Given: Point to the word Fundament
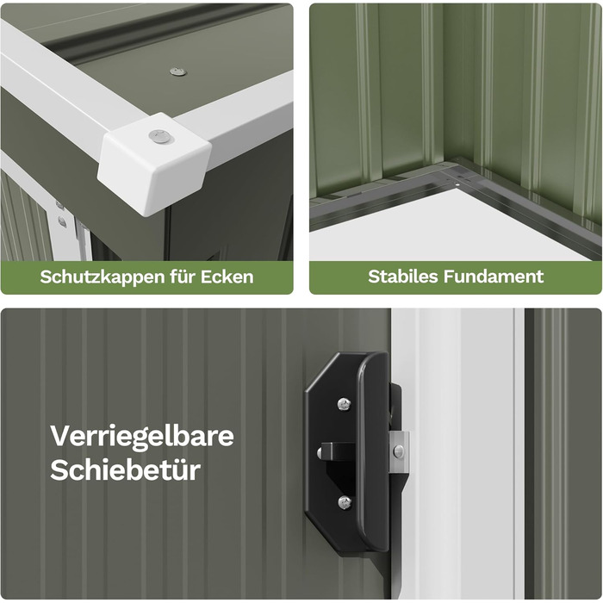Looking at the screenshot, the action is tap(494, 277).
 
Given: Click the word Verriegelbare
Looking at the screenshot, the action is tap(142, 437).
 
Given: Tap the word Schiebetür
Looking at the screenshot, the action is tap(126, 469).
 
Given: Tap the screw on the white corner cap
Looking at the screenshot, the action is tap(161, 136).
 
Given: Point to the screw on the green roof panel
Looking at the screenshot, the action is tap(178, 71).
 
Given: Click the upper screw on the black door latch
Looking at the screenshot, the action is tap(345, 403).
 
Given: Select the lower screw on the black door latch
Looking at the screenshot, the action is tap(345, 502).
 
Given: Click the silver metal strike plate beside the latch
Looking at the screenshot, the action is tap(399, 452).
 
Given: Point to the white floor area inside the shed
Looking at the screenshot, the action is tap(442, 227).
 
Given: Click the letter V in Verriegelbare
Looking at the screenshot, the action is tap(61, 436).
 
